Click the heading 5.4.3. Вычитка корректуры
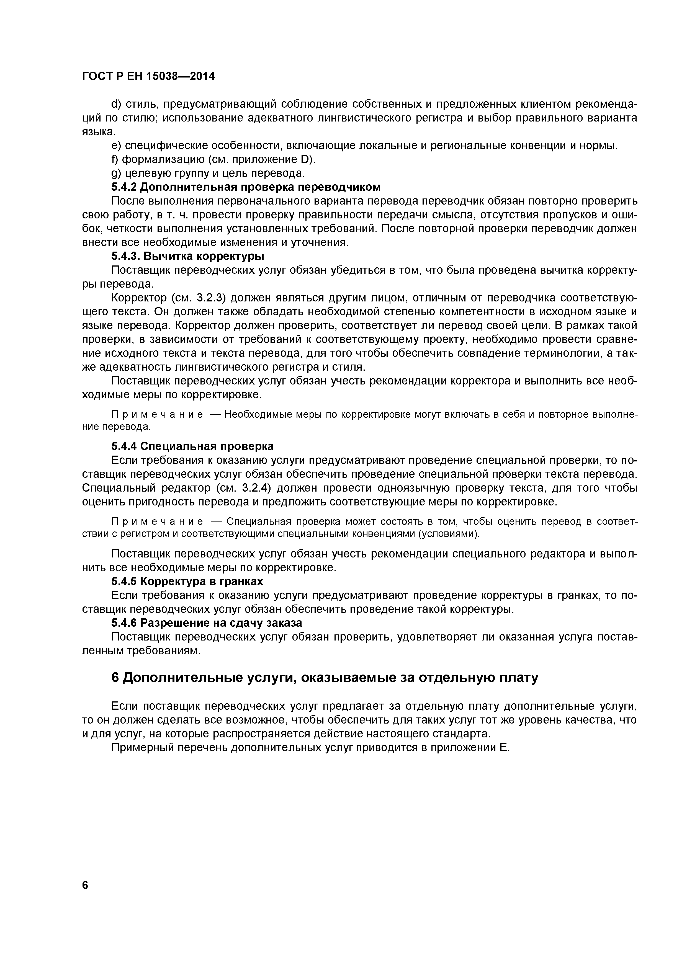(x=187, y=256)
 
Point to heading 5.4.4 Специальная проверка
(x=192, y=446)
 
